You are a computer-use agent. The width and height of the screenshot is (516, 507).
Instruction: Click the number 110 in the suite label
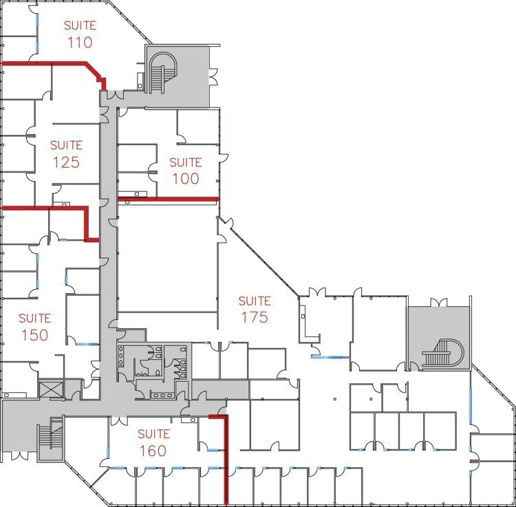(80, 42)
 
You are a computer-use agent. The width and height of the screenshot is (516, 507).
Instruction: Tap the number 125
(66, 162)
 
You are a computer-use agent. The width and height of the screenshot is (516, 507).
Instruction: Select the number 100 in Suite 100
(185, 179)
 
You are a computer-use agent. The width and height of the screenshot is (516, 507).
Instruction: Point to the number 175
(254, 317)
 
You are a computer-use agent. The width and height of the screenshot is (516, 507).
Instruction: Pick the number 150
(34, 335)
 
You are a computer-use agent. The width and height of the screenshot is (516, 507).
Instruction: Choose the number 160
(153, 451)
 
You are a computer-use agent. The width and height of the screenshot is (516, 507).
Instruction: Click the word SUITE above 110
(80, 25)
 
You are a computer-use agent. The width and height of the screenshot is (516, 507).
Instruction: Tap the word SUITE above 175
(254, 301)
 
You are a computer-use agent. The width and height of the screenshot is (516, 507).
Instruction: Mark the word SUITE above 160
(153, 434)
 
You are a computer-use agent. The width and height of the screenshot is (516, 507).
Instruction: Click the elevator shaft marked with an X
(51, 389)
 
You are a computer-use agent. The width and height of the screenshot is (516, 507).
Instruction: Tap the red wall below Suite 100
(169, 199)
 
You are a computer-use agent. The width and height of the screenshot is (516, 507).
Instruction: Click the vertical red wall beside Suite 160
(226, 461)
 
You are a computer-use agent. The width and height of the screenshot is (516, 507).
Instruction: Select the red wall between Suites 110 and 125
(48, 64)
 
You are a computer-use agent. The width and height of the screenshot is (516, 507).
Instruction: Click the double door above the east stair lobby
(438, 302)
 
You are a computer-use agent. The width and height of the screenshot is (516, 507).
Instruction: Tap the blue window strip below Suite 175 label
(326, 356)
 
